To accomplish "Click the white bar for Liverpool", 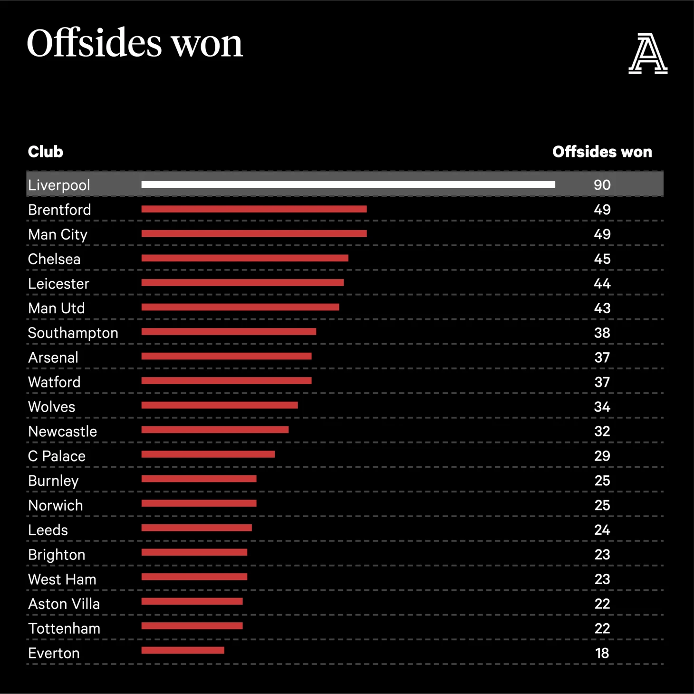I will (348, 184).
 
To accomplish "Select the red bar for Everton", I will (183, 650).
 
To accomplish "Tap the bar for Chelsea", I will (245, 258).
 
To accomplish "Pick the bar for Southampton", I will (229, 332).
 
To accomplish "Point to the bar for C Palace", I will (208, 454).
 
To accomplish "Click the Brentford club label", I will (59, 210).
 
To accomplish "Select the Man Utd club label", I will (56, 308).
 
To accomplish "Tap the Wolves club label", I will (51, 407).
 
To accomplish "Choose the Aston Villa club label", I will (64, 604).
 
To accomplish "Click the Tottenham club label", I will (64, 628).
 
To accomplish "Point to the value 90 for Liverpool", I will (602, 185).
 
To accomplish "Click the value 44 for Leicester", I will (602, 284).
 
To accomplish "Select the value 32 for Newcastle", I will (602, 431).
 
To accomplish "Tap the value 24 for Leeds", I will (602, 530).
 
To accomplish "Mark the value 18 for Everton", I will (602, 653).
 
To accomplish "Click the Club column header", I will (45, 152).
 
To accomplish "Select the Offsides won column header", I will (602, 152).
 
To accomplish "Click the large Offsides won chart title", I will (135, 43).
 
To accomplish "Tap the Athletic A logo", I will (648, 53).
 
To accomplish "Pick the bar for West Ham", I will (194, 577).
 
